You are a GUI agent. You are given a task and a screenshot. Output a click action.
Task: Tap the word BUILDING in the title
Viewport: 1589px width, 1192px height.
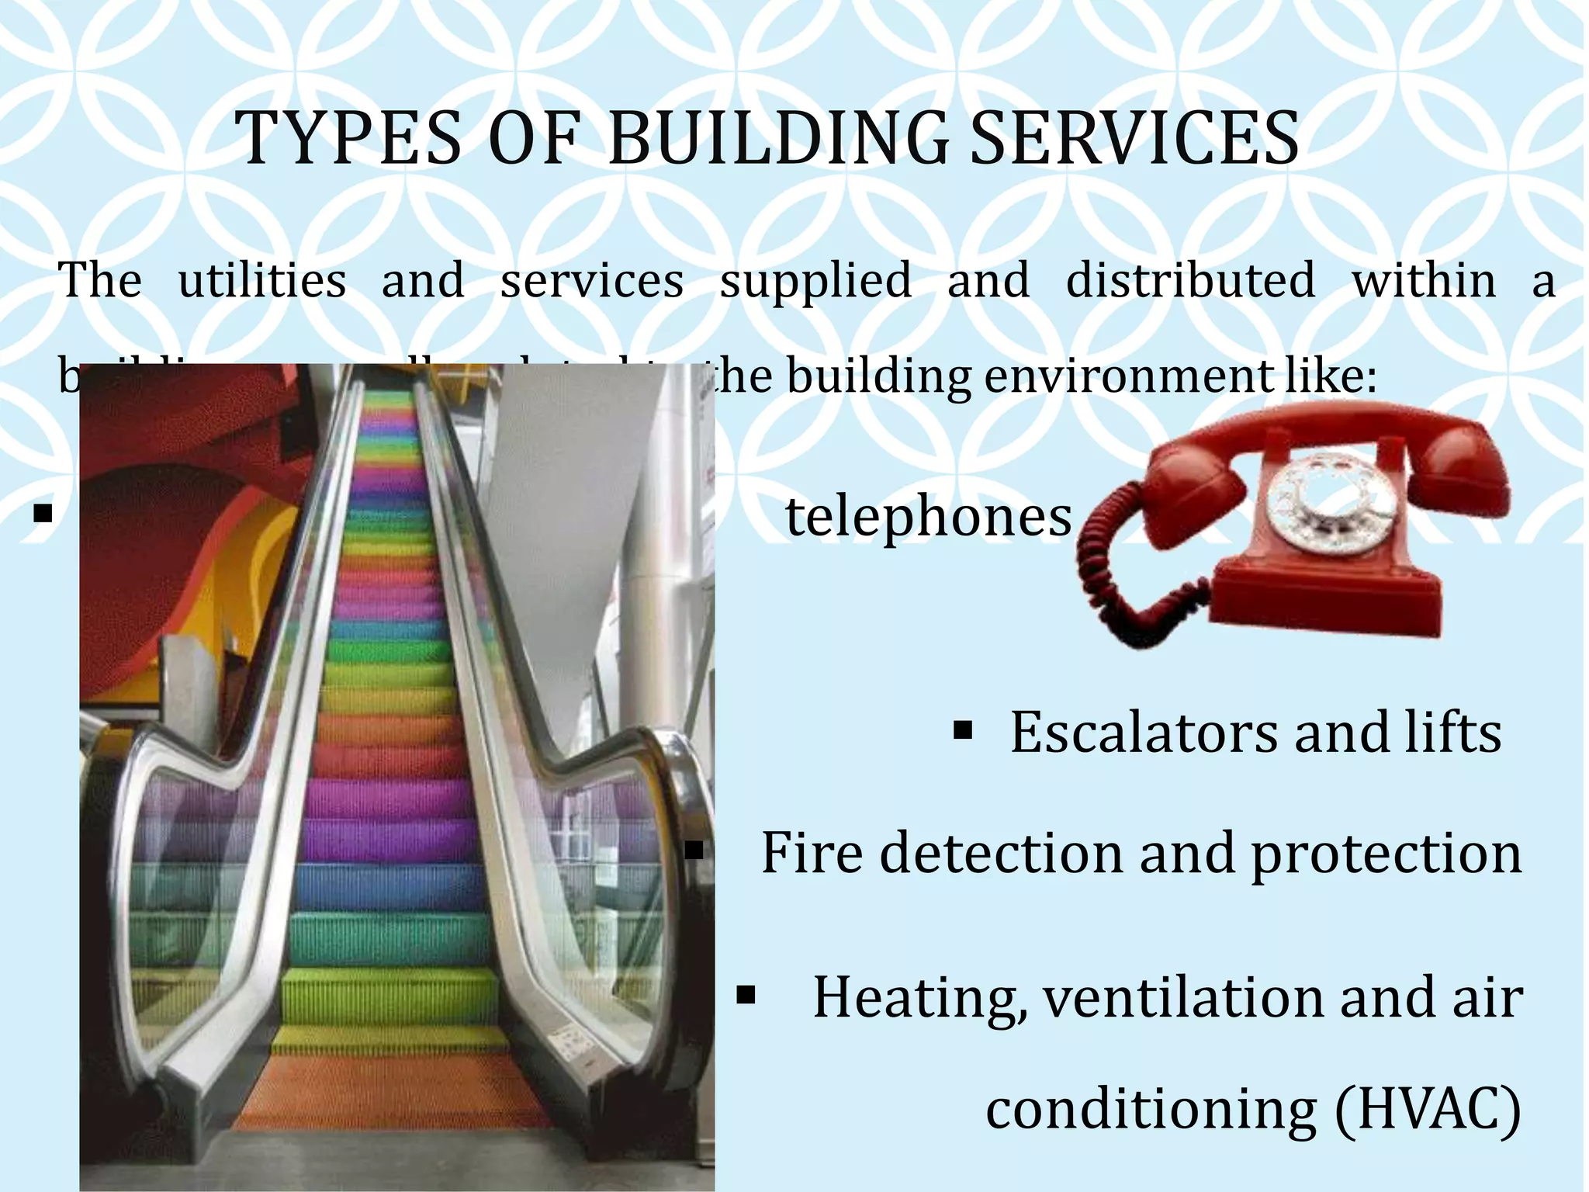[777, 139]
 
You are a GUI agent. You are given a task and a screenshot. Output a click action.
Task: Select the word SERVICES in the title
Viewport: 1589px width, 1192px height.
[1134, 139]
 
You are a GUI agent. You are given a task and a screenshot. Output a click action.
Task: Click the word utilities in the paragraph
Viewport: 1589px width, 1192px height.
[262, 280]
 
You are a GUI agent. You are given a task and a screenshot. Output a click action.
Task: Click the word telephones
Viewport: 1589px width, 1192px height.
[928, 517]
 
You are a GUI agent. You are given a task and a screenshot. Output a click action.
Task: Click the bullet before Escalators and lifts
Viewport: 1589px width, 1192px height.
[962, 730]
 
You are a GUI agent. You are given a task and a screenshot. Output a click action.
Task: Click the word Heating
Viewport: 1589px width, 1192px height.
[919, 999]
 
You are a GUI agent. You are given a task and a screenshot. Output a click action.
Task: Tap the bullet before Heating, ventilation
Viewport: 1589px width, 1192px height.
[746, 996]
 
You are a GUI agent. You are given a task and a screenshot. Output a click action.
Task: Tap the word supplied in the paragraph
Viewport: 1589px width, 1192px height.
[815, 280]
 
